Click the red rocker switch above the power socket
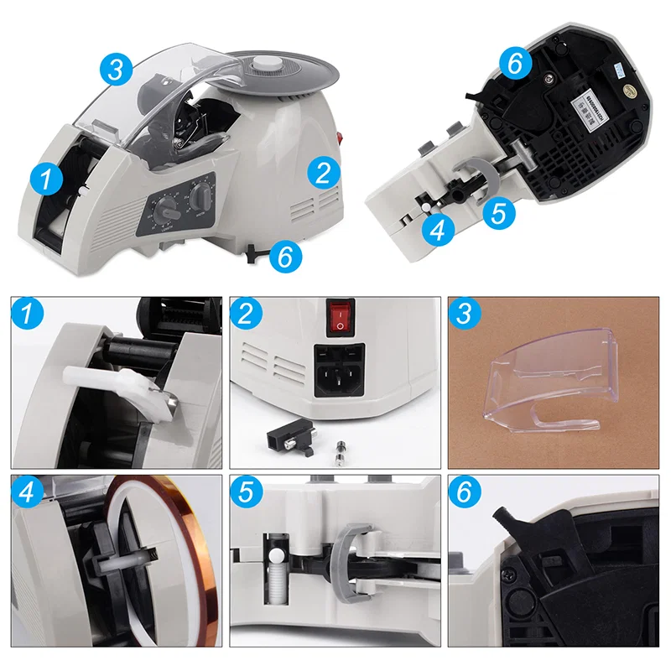(x=340, y=315)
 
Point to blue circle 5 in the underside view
(x=499, y=212)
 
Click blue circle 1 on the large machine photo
(x=47, y=177)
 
